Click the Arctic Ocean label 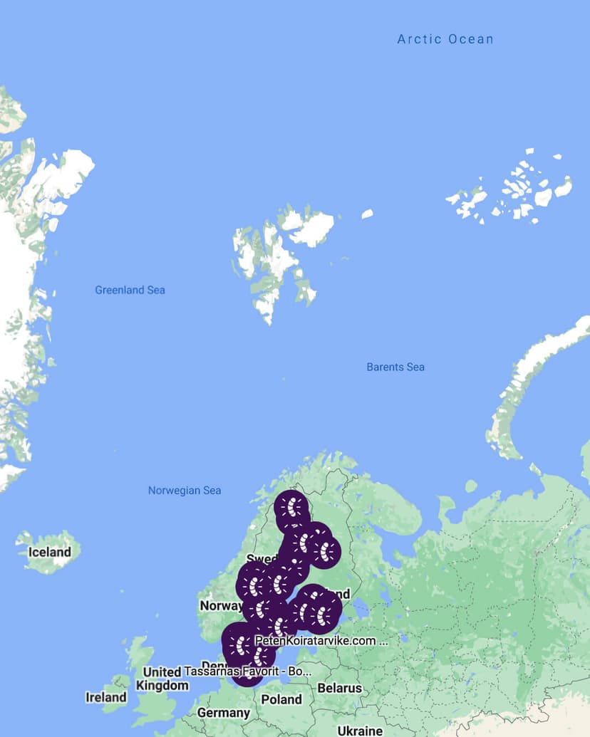[445, 39]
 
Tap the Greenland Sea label [130, 290]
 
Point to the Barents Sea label [395, 367]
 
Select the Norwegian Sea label [185, 490]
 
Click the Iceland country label [49, 552]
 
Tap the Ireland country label [106, 697]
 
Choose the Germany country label [224, 713]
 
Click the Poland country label [281, 699]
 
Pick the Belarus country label [340, 688]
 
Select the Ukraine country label [360, 731]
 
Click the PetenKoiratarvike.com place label [320, 641]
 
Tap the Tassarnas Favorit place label [248, 671]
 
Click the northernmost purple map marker [292, 508]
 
